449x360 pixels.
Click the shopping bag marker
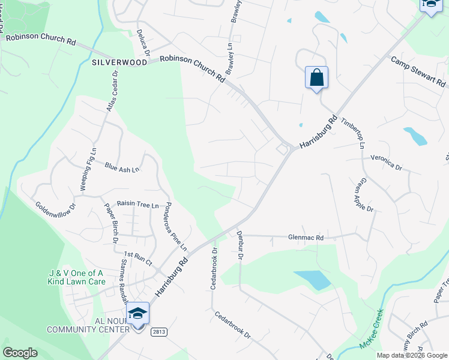pyautogui.click(x=316, y=78)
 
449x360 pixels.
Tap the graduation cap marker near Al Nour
pyautogui.click(x=137, y=314)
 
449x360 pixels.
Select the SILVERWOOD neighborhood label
pyautogui.click(x=119, y=62)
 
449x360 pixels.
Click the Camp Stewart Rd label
pyautogui.click(x=419, y=71)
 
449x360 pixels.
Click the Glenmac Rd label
pyautogui.click(x=306, y=238)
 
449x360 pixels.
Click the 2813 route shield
pyautogui.click(x=158, y=332)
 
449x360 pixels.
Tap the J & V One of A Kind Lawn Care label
pyautogui.click(x=76, y=277)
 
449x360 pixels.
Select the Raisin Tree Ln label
pyautogui.click(x=137, y=205)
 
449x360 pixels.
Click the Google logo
pyautogui.click(x=20, y=353)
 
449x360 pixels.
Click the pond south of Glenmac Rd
pyautogui.click(x=312, y=280)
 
